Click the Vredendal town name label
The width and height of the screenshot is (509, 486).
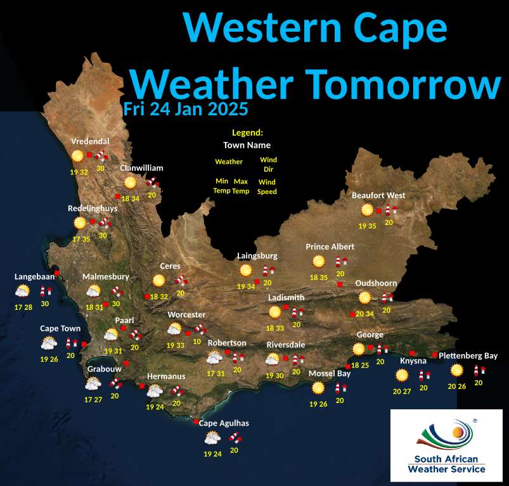tap(90, 141)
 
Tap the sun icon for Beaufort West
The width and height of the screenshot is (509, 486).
tap(366, 210)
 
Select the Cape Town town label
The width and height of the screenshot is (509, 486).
tap(60, 328)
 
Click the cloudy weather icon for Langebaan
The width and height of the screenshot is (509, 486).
tap(22, 291)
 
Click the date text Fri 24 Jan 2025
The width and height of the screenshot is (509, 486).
tap(185, 109)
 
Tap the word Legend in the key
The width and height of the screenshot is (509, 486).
tap(247, 132)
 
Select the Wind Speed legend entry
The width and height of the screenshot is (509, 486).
tap(267, 186)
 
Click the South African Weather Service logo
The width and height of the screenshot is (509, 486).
tap(446, 445)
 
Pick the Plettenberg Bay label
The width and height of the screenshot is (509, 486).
tap(468, 355)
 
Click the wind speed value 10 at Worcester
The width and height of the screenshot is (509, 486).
tap(197, 342)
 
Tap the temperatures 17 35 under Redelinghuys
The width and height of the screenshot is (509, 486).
tap(81, 240)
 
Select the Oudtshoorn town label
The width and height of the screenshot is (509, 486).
tap(376, 283)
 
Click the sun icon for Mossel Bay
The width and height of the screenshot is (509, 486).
tap(318, 387)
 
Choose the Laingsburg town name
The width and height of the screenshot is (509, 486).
tap(257, 255)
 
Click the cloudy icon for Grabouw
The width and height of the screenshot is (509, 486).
tap(93, 383)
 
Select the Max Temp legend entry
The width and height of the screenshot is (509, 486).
tap(240, 186)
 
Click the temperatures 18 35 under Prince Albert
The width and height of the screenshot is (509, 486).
tap(318, 277)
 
